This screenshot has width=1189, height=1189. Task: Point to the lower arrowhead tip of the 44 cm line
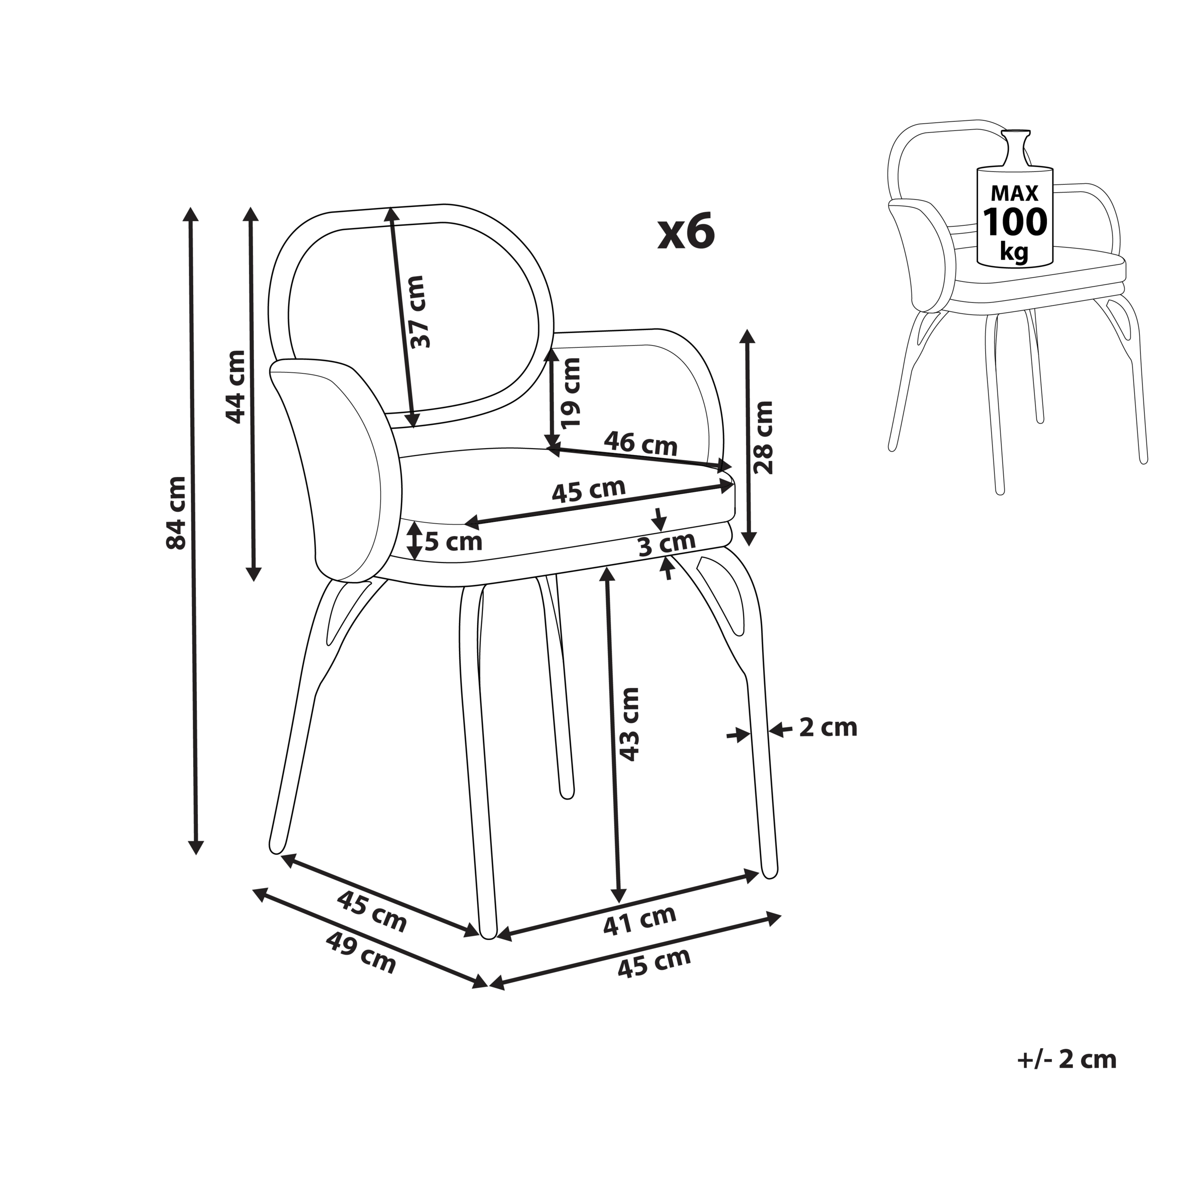click(x=253, y=581)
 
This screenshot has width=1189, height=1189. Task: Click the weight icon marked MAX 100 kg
click(x=1015, y=198)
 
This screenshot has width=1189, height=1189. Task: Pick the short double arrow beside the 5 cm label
click(x=415, y=540)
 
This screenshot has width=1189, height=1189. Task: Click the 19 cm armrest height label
click(x=570, y=392)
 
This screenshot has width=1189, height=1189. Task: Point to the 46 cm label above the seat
click(x=640, y=443)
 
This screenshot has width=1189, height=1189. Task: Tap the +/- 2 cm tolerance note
click(x=1066, y=1059)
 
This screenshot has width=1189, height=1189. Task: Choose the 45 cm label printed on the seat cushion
click(x=588, y=490)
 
